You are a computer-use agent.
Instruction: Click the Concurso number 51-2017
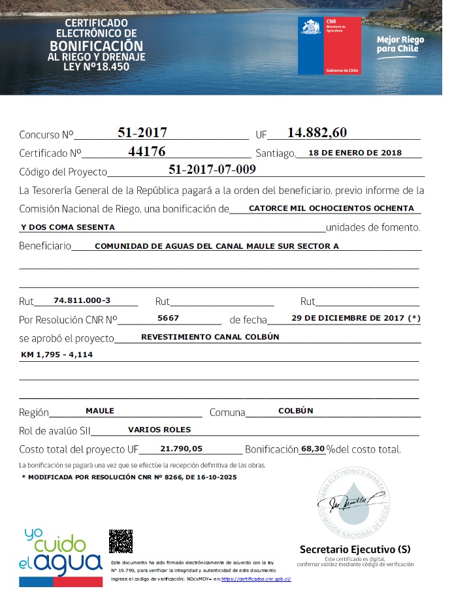pyautogui.click(x=142, y=133)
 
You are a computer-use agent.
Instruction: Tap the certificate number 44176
pyautogui.click(x=147, y=152)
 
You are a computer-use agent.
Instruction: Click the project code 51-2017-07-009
pyautogui.click(x=212, y=169)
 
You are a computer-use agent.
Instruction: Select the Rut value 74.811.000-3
pyautogui.click(x=82, y=300)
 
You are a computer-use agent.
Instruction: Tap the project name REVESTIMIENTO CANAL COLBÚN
pyautogui.click(x=210, y=337)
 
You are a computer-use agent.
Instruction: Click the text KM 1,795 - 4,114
pyautogui.click(x=57, y=355)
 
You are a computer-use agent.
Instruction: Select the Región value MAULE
pyautogui.click(x=100, y=411)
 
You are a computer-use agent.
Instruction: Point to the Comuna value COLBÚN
pyautogui.click(x=296, y=411)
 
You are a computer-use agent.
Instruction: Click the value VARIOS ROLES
pyautogui.click(x=159, y=430)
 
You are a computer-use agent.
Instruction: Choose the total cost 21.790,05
pyautogui.click(x=181, y=449)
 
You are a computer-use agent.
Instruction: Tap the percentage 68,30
pyautogui.click(x=312, y=449)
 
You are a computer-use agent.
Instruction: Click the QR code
pyautogui.click(x=121, y=541)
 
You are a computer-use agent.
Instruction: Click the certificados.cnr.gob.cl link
pyautogui.click(x=256, y=579)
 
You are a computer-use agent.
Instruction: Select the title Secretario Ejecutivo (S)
pyautogui.click(x=355, y=549)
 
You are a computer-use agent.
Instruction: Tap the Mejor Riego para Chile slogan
pyautogui.click(x=400, y=44)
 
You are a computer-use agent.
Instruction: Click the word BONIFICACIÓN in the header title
pyautogui.click(x=96, y=46)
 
